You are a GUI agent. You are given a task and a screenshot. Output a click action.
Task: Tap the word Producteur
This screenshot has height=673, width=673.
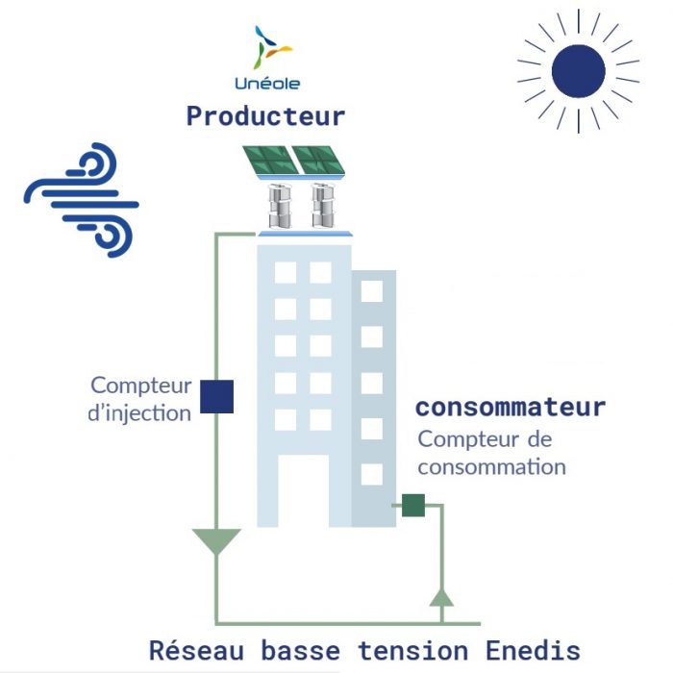click(265, 116)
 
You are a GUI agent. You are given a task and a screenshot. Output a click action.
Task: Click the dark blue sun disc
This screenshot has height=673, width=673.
click(578, 70)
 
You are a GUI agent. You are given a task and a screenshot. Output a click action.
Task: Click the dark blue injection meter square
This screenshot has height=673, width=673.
click(216, 397)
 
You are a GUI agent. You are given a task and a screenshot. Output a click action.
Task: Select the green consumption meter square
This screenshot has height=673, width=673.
click(413, 505)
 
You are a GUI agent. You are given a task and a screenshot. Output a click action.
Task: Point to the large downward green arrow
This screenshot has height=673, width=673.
click(215, 541)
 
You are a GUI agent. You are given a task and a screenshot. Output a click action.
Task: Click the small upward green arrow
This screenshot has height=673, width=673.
click(440, 597)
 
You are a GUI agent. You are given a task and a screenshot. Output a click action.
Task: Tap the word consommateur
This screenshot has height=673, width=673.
click(511, 407)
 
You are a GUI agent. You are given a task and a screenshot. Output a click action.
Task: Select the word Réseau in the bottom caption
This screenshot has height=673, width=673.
click(189, 650)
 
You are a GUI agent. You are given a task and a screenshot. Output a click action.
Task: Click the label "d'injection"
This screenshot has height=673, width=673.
click(140, 413)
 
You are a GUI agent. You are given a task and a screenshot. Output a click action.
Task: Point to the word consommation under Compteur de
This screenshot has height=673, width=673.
click(491, 468)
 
